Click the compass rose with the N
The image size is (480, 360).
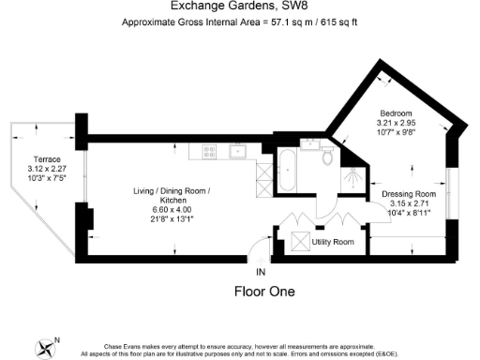coord(46,347)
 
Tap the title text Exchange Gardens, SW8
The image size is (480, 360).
coord(240,6)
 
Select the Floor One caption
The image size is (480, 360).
coord(263,292)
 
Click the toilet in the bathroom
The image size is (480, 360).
coord(327,157)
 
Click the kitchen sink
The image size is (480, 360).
coord(239,150)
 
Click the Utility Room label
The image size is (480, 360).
coord(332,243)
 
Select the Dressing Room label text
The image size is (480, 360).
coord(409,194)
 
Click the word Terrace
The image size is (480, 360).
coord(46,159)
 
